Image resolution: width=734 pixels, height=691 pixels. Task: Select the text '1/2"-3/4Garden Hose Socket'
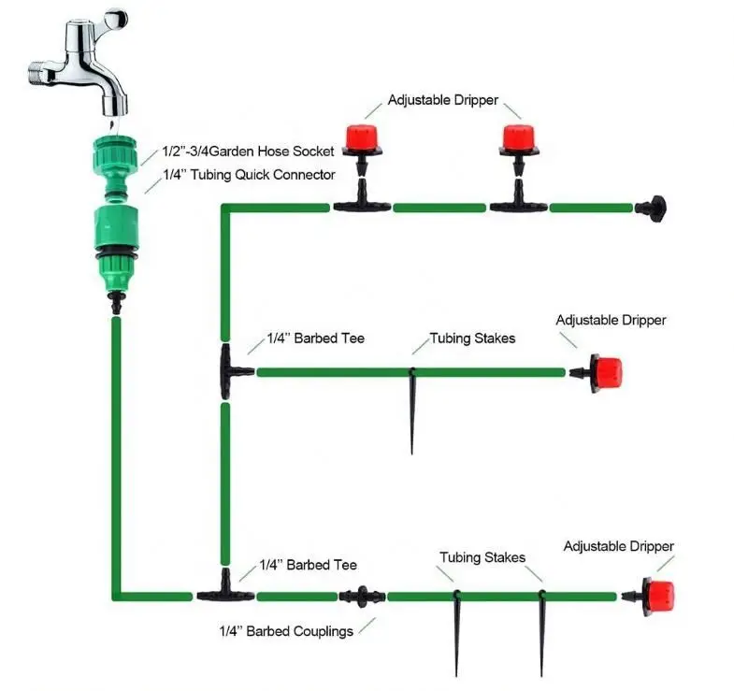click(248, 151)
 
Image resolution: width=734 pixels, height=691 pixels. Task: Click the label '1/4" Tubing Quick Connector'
click(249, 174)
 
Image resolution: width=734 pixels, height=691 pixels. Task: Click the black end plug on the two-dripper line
click(651, 206)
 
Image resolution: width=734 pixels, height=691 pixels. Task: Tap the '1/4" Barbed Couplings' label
click(286, 631)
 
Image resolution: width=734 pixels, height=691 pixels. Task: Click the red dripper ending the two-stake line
click(656, 595)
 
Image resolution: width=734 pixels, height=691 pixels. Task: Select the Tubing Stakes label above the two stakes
click(482, 557)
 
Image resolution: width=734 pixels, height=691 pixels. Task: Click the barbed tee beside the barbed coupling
click(224, 592)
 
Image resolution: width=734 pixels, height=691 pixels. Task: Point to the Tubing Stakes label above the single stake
click(472, 338)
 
